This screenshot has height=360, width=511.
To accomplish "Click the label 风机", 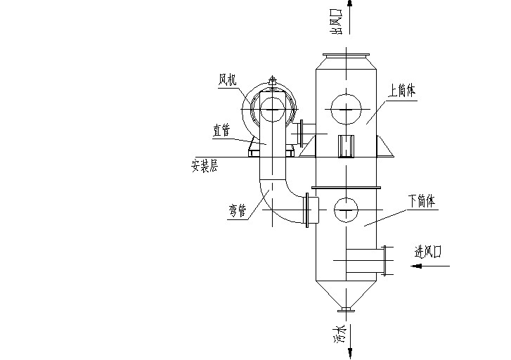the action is (x=228, y=80).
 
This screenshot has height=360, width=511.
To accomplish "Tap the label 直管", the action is (x=221, y=131).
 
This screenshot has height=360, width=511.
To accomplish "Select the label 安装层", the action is (x=205, y=166).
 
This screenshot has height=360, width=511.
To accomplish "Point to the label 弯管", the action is (x=238, y=211).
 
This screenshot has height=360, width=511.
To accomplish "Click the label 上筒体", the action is (x=402, y=90).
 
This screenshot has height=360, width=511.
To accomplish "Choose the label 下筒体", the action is (x=422, y=201).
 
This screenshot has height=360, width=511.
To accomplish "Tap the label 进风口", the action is (x=427, y=252).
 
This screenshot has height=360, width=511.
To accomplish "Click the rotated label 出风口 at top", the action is (x=336, y=22).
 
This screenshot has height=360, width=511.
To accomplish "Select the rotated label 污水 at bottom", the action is (x=339, y=335).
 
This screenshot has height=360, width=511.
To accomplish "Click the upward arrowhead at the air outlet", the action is (x=350, y=4).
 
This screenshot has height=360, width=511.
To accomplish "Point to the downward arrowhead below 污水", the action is (x=350, y=353).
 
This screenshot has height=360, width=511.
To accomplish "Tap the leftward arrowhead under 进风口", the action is (x=416, y=266).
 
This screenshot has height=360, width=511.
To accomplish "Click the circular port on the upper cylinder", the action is (x=346, y=109).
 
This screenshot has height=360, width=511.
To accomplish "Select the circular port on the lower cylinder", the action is (x=346, y=210).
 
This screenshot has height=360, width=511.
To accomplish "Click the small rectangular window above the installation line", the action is (x=346, y=146).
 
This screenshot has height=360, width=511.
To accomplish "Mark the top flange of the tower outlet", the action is (x=346, y=54).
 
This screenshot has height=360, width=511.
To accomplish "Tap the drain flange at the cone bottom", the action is (x=346, y=310).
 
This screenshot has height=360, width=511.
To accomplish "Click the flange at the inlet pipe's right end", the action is (x=384, y=261).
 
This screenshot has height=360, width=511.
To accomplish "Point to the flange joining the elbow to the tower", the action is (x=307, y=210).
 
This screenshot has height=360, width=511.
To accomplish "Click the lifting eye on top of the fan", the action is (x=272, y=80).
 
